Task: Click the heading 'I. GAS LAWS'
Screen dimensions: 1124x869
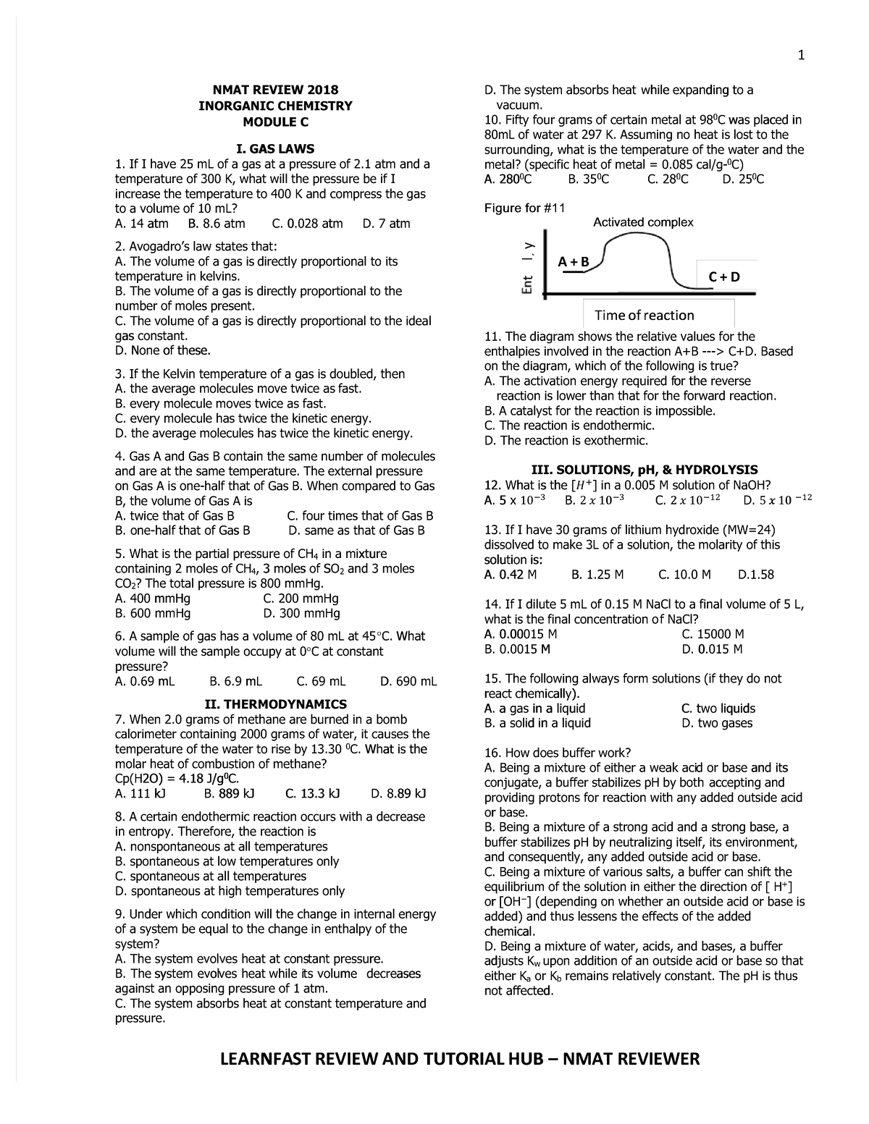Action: [x=275, y=149]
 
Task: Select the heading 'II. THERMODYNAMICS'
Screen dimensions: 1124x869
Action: [x=276, y=704]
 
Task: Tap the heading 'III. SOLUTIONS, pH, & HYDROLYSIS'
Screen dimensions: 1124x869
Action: [x=645, y=470]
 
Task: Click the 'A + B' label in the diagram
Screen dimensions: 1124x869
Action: [x=574, y=261]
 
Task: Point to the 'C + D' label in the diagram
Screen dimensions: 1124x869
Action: [x=724, y=277]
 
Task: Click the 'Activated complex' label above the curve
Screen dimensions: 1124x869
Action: [x=643, y=222]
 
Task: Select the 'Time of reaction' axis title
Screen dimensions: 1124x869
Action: [x=644, y=315]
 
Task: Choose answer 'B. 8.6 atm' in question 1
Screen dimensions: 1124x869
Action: [x=216, y=224]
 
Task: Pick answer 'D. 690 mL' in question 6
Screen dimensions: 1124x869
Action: [x=408, y=681]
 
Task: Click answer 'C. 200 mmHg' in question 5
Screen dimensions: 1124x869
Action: [x=301, y=599]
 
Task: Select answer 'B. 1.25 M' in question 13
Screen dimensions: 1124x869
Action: [x=597, y=575]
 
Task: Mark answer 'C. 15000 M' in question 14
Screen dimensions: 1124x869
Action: [x=713, y=634]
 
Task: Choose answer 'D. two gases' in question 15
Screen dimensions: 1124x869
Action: [x=717, y=723]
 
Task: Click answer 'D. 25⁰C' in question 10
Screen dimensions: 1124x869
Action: [x=743, y=179]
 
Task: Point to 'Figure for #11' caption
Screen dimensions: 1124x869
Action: [x=524, y=208]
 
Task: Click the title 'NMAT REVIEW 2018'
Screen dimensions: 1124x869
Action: [x=275, y=90]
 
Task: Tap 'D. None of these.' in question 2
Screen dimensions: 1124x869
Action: [x=164, y=351]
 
